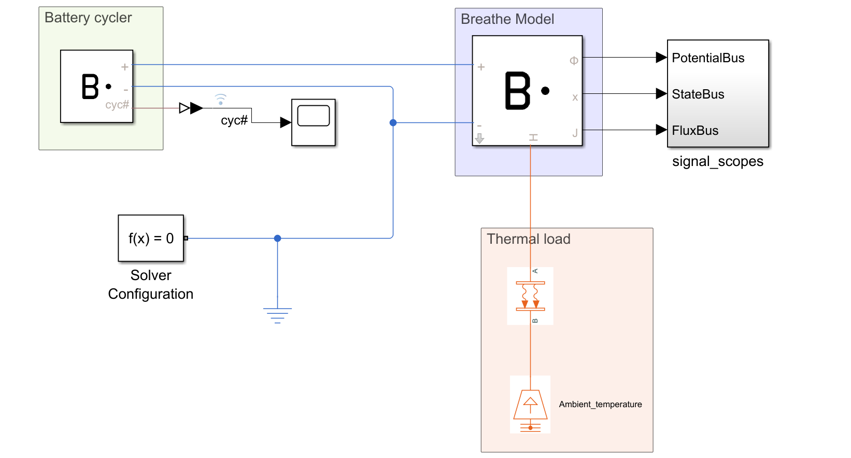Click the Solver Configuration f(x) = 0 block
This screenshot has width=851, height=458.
point(151,238)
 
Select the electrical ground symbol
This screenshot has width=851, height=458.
point(277,314)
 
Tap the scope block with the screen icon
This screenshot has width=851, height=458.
point(314,122)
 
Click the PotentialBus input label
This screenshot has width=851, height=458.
point(708,58)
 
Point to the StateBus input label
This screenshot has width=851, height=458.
point(698,94)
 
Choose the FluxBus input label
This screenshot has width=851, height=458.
point(695,131)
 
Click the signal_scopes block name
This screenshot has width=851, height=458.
point(717,161)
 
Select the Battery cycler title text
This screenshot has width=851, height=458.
point(88,18)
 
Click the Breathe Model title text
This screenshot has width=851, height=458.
point(507,19)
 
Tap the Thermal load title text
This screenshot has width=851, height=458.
point(528,239)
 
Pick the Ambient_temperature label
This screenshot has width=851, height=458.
point(600,405)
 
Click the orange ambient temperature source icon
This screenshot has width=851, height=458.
point(530,405)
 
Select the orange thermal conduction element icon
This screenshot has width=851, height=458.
point(530,296)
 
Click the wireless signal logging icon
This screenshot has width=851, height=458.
point(221,99)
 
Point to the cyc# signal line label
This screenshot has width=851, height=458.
point(234,120)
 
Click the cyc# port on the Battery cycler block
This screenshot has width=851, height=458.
point(117,105)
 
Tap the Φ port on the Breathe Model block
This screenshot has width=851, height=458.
point(574,61)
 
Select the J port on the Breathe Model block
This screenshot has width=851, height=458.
point(575,133)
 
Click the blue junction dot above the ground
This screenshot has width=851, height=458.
point(277,238)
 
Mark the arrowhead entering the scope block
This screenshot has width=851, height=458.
point(286,122)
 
